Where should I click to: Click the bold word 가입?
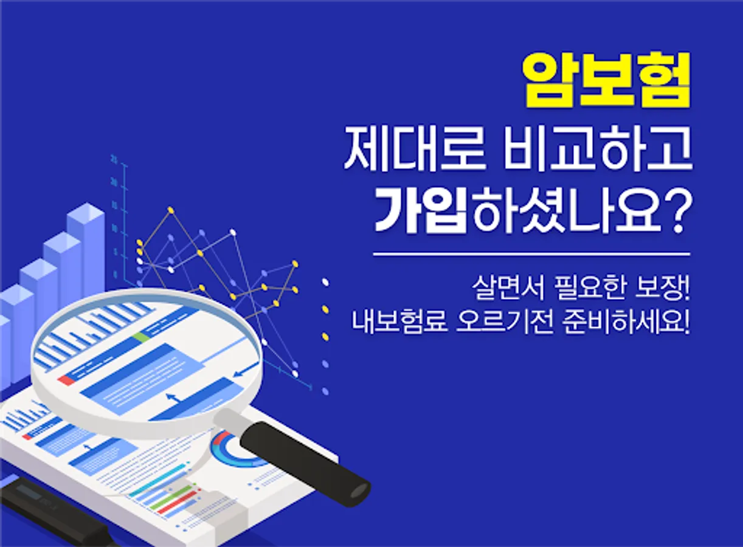point(420,212)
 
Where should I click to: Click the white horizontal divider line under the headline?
point(531,254)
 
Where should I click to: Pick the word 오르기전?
point(504,322)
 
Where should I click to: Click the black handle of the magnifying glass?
point(305,464)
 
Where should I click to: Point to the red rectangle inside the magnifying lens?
point(66,380)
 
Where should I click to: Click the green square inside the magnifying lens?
point(141,337)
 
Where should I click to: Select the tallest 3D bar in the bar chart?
point(87,252)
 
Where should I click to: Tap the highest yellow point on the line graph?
point(171,210)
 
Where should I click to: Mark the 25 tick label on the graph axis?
point(114,160)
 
